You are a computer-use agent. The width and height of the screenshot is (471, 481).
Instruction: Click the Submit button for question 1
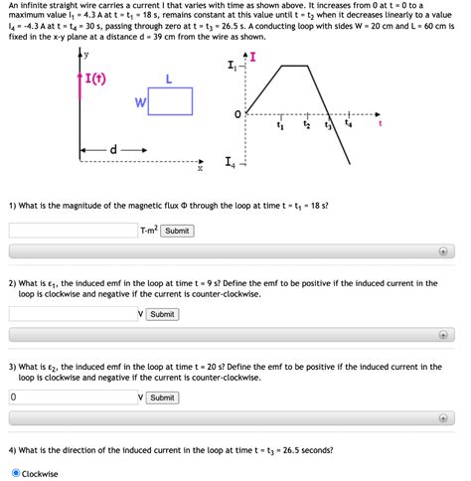click(177, 231)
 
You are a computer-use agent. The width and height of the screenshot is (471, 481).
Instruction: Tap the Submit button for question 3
click(162, 398)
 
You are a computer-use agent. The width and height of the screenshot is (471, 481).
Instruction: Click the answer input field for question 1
click(73, 231)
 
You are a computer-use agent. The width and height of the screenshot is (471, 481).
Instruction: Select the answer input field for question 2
click(73, 314)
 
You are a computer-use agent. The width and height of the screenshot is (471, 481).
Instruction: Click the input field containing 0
click(73, 398)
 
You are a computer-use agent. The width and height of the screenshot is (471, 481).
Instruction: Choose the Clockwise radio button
click(15, 473)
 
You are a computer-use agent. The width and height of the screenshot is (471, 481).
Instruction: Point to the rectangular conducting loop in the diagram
click(170, 101)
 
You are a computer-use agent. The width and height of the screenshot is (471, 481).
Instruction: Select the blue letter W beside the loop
click(140, 102)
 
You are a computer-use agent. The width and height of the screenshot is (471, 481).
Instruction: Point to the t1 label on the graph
click(279, 126)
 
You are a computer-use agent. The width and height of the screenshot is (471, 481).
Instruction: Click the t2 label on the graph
click(307, 126)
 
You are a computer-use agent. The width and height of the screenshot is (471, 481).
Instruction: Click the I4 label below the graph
click(231, 163)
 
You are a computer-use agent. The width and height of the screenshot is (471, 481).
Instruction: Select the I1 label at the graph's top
click(231, 67)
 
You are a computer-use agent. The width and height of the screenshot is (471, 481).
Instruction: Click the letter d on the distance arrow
click(113, 150)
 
